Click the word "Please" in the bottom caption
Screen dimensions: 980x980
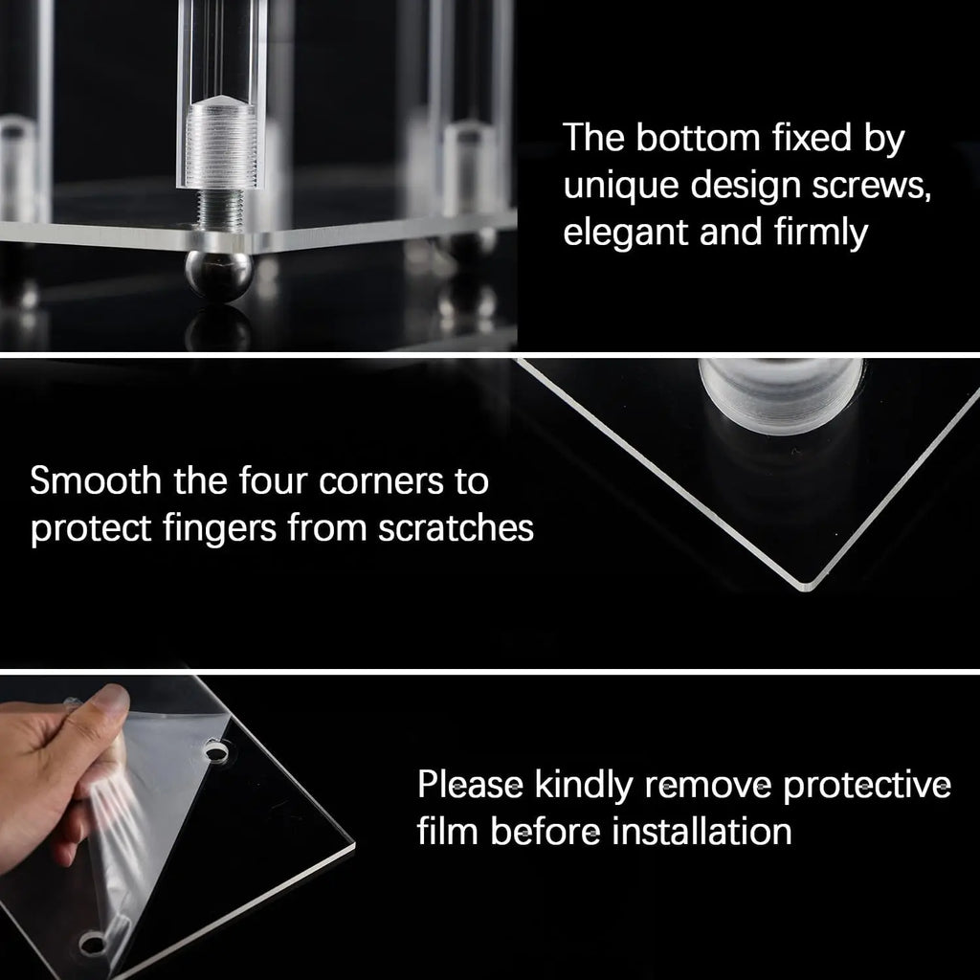468,786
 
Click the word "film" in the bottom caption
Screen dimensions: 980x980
447,832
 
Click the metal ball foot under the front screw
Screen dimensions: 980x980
218,276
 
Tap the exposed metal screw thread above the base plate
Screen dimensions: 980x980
220,208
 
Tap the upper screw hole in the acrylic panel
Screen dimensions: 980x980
216,752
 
